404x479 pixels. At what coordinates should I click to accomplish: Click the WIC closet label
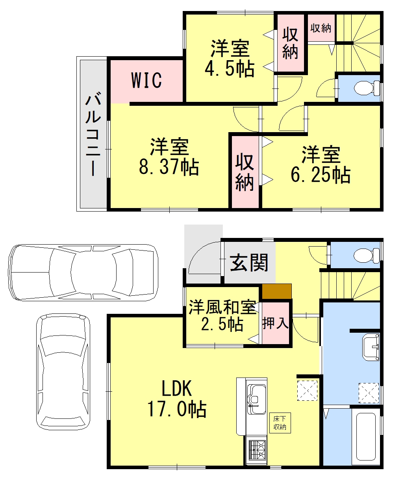pos(146,80)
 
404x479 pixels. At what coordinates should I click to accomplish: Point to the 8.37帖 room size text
pos(169,167)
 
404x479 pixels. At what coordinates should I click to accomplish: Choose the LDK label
pos(176,389)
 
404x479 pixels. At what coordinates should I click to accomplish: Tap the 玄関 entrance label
pos(249,262)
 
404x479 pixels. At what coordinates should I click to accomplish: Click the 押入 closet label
pos(276,323)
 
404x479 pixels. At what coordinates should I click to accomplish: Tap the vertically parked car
pos(63,372)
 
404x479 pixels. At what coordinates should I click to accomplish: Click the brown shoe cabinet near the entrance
pos(277,291)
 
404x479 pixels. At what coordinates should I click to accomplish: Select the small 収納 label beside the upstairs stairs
pos(321,28)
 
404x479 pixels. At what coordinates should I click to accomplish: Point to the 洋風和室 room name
pos(222,308)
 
